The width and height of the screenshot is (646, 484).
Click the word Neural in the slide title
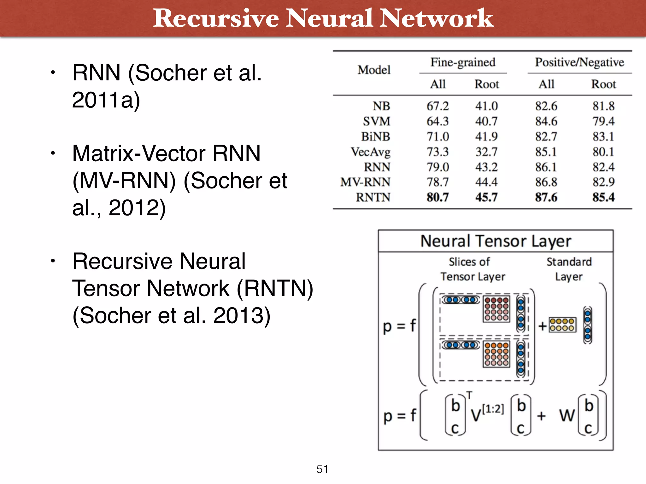coord(329,18)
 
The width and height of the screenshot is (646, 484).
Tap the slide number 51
coord(322,469)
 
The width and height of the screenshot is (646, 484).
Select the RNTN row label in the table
coord(373,197)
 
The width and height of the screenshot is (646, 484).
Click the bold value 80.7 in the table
coord(438,197)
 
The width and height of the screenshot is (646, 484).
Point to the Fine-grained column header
coord(463,62)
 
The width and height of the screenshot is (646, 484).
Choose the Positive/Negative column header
coord(579,62)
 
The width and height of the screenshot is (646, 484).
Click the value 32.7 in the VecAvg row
coord(486,152)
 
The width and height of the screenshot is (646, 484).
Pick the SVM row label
coord(376,121)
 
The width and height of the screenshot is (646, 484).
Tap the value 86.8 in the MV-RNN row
coord(546,182)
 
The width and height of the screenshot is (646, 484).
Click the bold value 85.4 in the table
coord(603,197)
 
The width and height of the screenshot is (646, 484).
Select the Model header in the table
coord(374,70)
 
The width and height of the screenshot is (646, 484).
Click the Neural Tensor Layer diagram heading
coord(496,241)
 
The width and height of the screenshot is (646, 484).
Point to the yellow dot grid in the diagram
coord(562,325)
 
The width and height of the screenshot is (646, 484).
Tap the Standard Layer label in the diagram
coord(569,269)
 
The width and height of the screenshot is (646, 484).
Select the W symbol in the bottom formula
coord(567,416)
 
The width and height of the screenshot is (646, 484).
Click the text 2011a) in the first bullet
coord(106,100)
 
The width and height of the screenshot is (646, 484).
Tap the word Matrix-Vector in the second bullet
coord(139,153)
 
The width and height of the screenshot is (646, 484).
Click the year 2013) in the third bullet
coord(242,315)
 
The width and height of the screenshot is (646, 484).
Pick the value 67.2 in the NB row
coord(438,106)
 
